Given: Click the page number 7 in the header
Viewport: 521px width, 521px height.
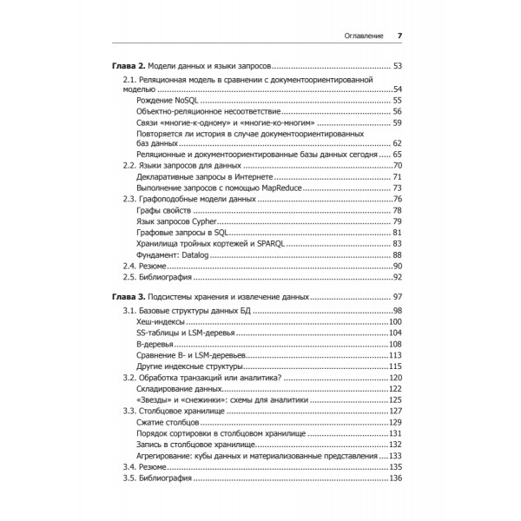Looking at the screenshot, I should pyautogui.click(x=399, y=36).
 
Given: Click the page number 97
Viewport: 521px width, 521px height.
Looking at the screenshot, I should pyautogui.click(x=398, y=298).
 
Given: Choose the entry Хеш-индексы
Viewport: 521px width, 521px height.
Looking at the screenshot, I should pyautogui.click(x=161, y=322).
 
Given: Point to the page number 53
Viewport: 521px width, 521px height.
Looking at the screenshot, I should pyautogui.click(x=398, y=66).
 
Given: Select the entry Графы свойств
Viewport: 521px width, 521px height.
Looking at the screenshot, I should pyautogui.click(x=164, y=209).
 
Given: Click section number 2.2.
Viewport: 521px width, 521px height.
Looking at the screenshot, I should pyautogui.click(x=129, y=165).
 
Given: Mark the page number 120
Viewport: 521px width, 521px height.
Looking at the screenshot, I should pyautogui.click(x=396, y=377).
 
